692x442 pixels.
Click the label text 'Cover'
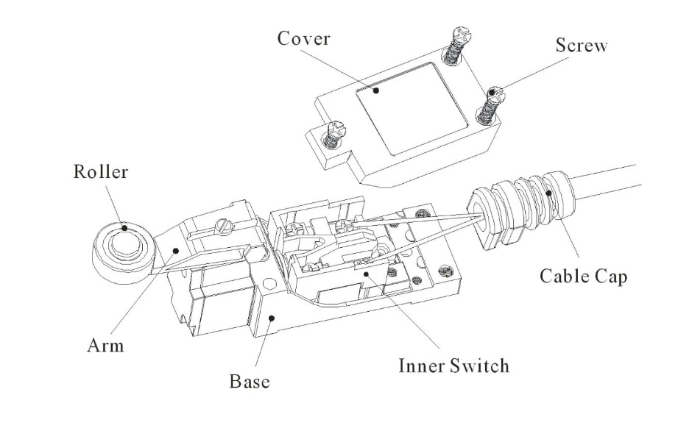tap(303, 39)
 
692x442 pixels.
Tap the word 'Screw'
tap(581, 46)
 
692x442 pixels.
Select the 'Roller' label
tap(100, 173)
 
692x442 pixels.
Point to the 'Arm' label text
tap(106, 345)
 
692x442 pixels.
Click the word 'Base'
tap(249, 382)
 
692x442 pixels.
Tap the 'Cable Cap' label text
tap(583, 277)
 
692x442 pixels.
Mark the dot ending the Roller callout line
tap(125, 229)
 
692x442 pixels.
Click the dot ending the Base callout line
tap(273, 318)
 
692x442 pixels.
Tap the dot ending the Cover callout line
tap(375, 91)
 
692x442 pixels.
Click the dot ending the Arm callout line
tap(177, 251)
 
